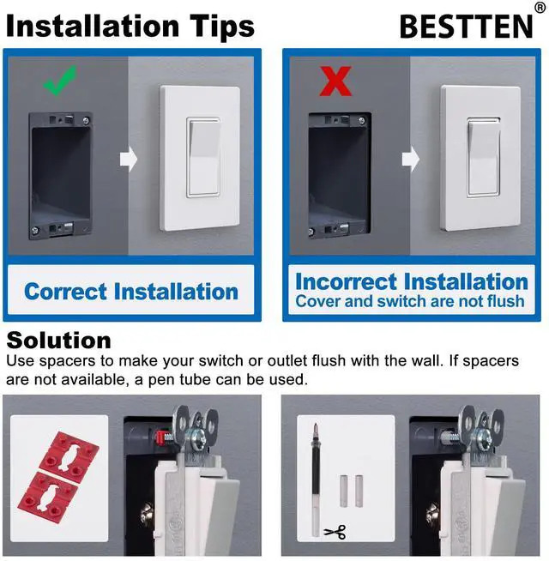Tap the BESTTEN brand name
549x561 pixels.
466,27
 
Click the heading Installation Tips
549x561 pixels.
130,26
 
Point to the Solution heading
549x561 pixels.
58,341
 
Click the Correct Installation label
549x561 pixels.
131,291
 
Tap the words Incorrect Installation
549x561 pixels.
411,281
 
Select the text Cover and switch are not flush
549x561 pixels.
409,302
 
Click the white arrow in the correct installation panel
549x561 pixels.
129,160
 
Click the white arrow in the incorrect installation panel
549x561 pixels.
412,158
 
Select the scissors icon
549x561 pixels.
335,533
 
